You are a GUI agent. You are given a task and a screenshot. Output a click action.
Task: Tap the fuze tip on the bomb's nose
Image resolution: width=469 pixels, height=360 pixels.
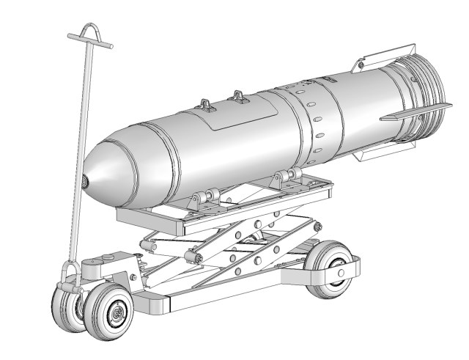click(x=86, y=180)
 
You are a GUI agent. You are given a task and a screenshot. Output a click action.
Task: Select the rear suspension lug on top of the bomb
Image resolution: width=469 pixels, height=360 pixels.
click(x=238, y=96)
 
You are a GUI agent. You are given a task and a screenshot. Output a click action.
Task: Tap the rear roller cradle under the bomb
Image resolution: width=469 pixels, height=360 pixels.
click(x=286, y=178)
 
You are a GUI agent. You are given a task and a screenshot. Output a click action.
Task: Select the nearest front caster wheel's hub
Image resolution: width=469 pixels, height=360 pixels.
click(x=116, y=313)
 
